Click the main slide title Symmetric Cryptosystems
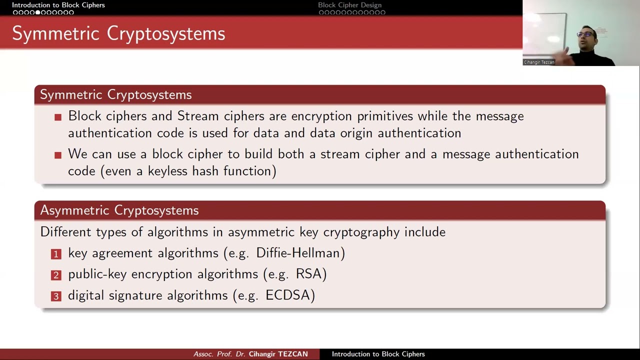(x=118, y=33)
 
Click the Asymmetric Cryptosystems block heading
(x=119, y=210)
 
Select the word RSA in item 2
(x=310, y=274)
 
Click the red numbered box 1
(x=56, y=254)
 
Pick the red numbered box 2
(x=56, y=275)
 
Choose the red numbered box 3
(x=56, y=296)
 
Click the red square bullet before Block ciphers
(x=58, y=117)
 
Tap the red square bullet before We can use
(x=58, y=155)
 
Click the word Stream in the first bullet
(x=198, y=116)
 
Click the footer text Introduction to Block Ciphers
(x=378, y=354)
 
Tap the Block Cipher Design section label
(x=349, y=5)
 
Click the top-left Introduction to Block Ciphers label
(x=58, y=5)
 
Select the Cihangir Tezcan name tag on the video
(x=539, y=62)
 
